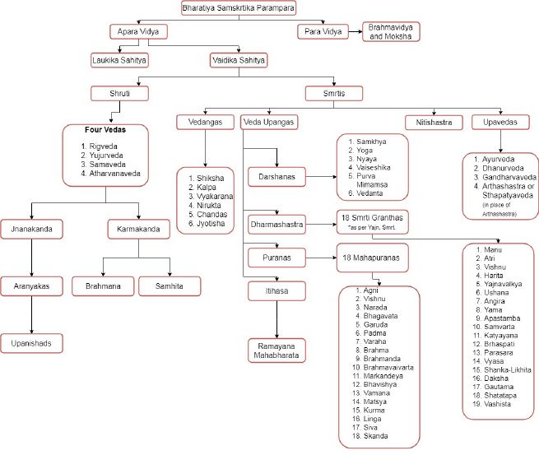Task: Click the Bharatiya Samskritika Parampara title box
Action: tap(237, 9)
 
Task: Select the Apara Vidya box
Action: tap(138, 32)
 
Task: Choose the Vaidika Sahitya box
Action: tap(239, 59)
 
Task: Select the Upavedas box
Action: tap(500, 122)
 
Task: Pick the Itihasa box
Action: tap(272, 290)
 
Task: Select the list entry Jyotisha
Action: tap(211, 223)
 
